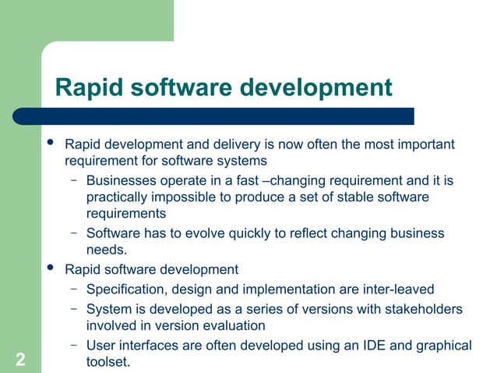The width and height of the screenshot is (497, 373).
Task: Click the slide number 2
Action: (19, 360)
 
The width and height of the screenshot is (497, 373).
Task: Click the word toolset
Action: (108, 362)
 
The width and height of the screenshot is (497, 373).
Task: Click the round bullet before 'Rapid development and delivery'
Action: (51, 144)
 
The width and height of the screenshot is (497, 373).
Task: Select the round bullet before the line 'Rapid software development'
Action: (51, 269)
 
